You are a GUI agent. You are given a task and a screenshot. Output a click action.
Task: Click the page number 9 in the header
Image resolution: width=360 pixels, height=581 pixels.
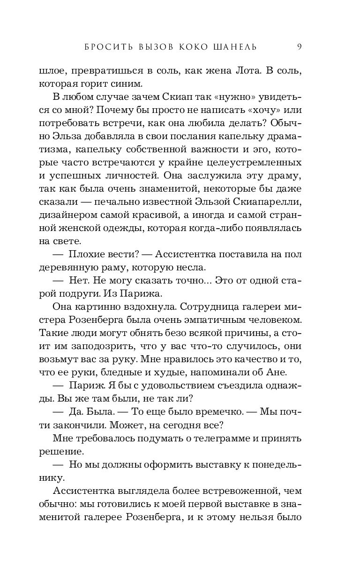point(299,46)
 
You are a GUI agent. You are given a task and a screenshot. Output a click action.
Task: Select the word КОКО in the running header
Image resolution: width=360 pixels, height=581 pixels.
point(185,46)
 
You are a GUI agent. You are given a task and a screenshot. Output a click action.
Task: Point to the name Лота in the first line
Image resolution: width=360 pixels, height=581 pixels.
point(246,71)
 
